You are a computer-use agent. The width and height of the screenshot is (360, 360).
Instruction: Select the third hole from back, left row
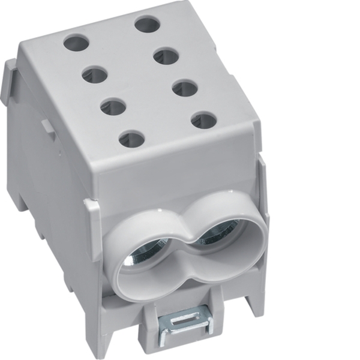pos(112,107)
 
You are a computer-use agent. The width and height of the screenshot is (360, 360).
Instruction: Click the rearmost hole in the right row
pos(146,25)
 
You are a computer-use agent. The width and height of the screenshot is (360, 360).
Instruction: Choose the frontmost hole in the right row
pos(203,119)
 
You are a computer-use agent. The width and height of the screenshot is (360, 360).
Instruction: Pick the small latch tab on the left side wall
pos(45,127)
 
